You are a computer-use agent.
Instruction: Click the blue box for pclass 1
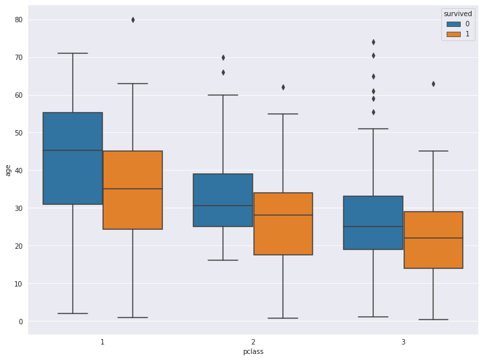coord(73,158)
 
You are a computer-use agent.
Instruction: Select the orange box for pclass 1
coord(133,190)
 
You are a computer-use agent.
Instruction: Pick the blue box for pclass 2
coord(223,200)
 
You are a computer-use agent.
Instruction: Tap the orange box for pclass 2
coord(283,224)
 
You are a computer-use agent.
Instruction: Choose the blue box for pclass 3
coord(373,223)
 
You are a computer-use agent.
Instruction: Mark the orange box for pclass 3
coord(433,240)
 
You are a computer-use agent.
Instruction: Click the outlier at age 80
coord(133,20)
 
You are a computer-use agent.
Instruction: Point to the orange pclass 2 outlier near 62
coord(283,87)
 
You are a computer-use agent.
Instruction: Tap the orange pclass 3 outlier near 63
coord(433,84)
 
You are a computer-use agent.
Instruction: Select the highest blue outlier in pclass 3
coord(373,42)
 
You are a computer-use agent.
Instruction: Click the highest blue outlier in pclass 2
coord(223,57)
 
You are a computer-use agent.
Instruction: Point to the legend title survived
coord(457,13)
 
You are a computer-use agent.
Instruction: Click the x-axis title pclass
coord(253,351)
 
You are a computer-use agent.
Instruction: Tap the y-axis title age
coord(8,171)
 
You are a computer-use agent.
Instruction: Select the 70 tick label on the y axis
coord(18,57)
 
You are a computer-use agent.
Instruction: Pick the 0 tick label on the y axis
coord(20,322)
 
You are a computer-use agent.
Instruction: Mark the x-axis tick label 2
coord(253,342)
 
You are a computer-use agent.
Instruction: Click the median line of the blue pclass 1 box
coord(73,150)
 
